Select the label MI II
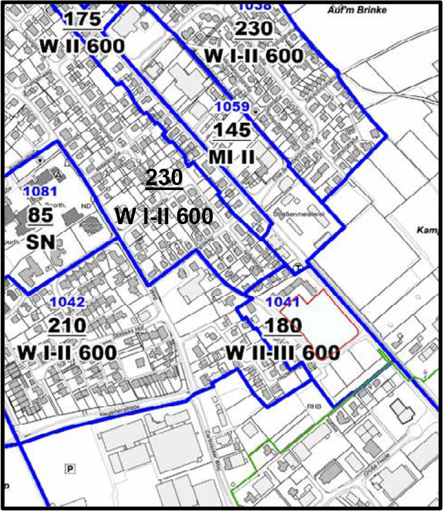tap(232, 157)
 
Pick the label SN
tap(41, 243)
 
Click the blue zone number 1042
tap(67, 302)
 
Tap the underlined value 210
tap(67, 326)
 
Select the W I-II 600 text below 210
tap(67, 353)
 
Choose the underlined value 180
tap(283, 326)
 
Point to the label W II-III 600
tap(283, 353)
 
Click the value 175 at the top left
tap(83, 19)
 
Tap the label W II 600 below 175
tap(83, 46)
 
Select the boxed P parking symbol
tap(71, 468)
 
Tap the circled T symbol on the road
tap(297, 267)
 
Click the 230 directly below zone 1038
tap(253, 29)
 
